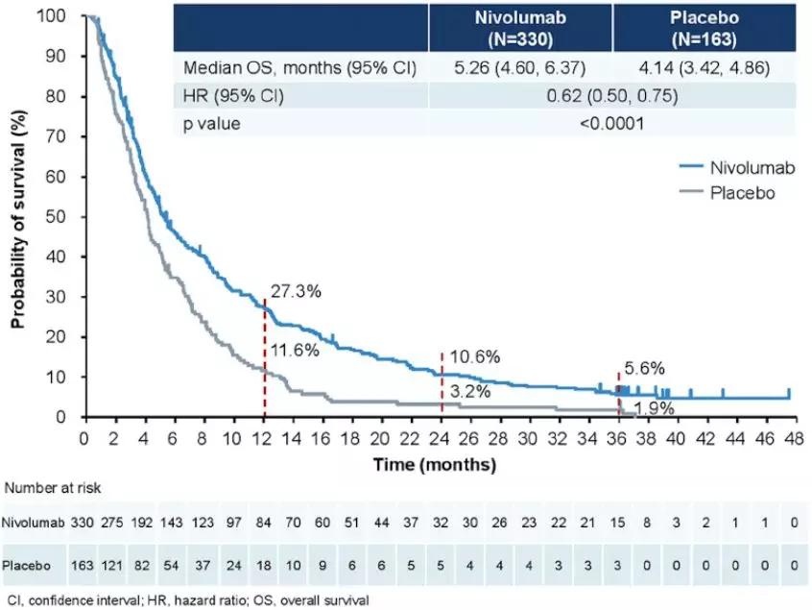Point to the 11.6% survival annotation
295,350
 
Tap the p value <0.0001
611,124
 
